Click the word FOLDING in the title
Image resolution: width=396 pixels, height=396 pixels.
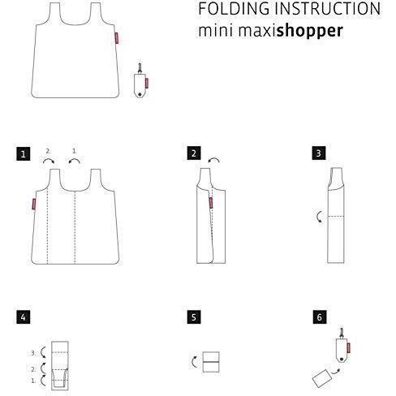[x=234, y=9]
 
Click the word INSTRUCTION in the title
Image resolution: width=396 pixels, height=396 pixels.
[x=328, y=9]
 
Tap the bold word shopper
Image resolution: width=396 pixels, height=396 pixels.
[x=310, y=31]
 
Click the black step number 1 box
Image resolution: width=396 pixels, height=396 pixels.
[x=24, y=154]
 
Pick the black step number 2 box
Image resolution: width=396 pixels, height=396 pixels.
[x=194, y=153]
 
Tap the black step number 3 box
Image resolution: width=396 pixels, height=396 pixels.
[x=319, y=153]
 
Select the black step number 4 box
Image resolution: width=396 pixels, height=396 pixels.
[x=24, y=317]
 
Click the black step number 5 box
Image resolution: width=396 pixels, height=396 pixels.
[x=194, y=317]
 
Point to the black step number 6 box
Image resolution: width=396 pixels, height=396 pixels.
[x=320, y=317]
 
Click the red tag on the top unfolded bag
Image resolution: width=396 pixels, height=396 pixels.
[x=117, y=38]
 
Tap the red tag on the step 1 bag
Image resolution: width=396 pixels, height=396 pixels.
[x=34, y=204]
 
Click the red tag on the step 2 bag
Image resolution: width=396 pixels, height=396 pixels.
[x=211, y=203]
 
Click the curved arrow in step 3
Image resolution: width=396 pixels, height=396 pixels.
[x=318, y=217]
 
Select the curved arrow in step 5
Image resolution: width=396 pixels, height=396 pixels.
[x=193, y=362]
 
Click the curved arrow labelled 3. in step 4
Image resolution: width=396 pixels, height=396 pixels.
[x=41, y=352]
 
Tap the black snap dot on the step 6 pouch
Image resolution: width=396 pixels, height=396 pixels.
[x=342, y=359]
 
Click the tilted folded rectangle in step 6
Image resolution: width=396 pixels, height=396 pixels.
[x=322, y=378]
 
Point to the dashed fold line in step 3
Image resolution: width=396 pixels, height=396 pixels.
[x=336, y=216]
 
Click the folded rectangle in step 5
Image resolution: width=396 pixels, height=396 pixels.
[x=211, y=362]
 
